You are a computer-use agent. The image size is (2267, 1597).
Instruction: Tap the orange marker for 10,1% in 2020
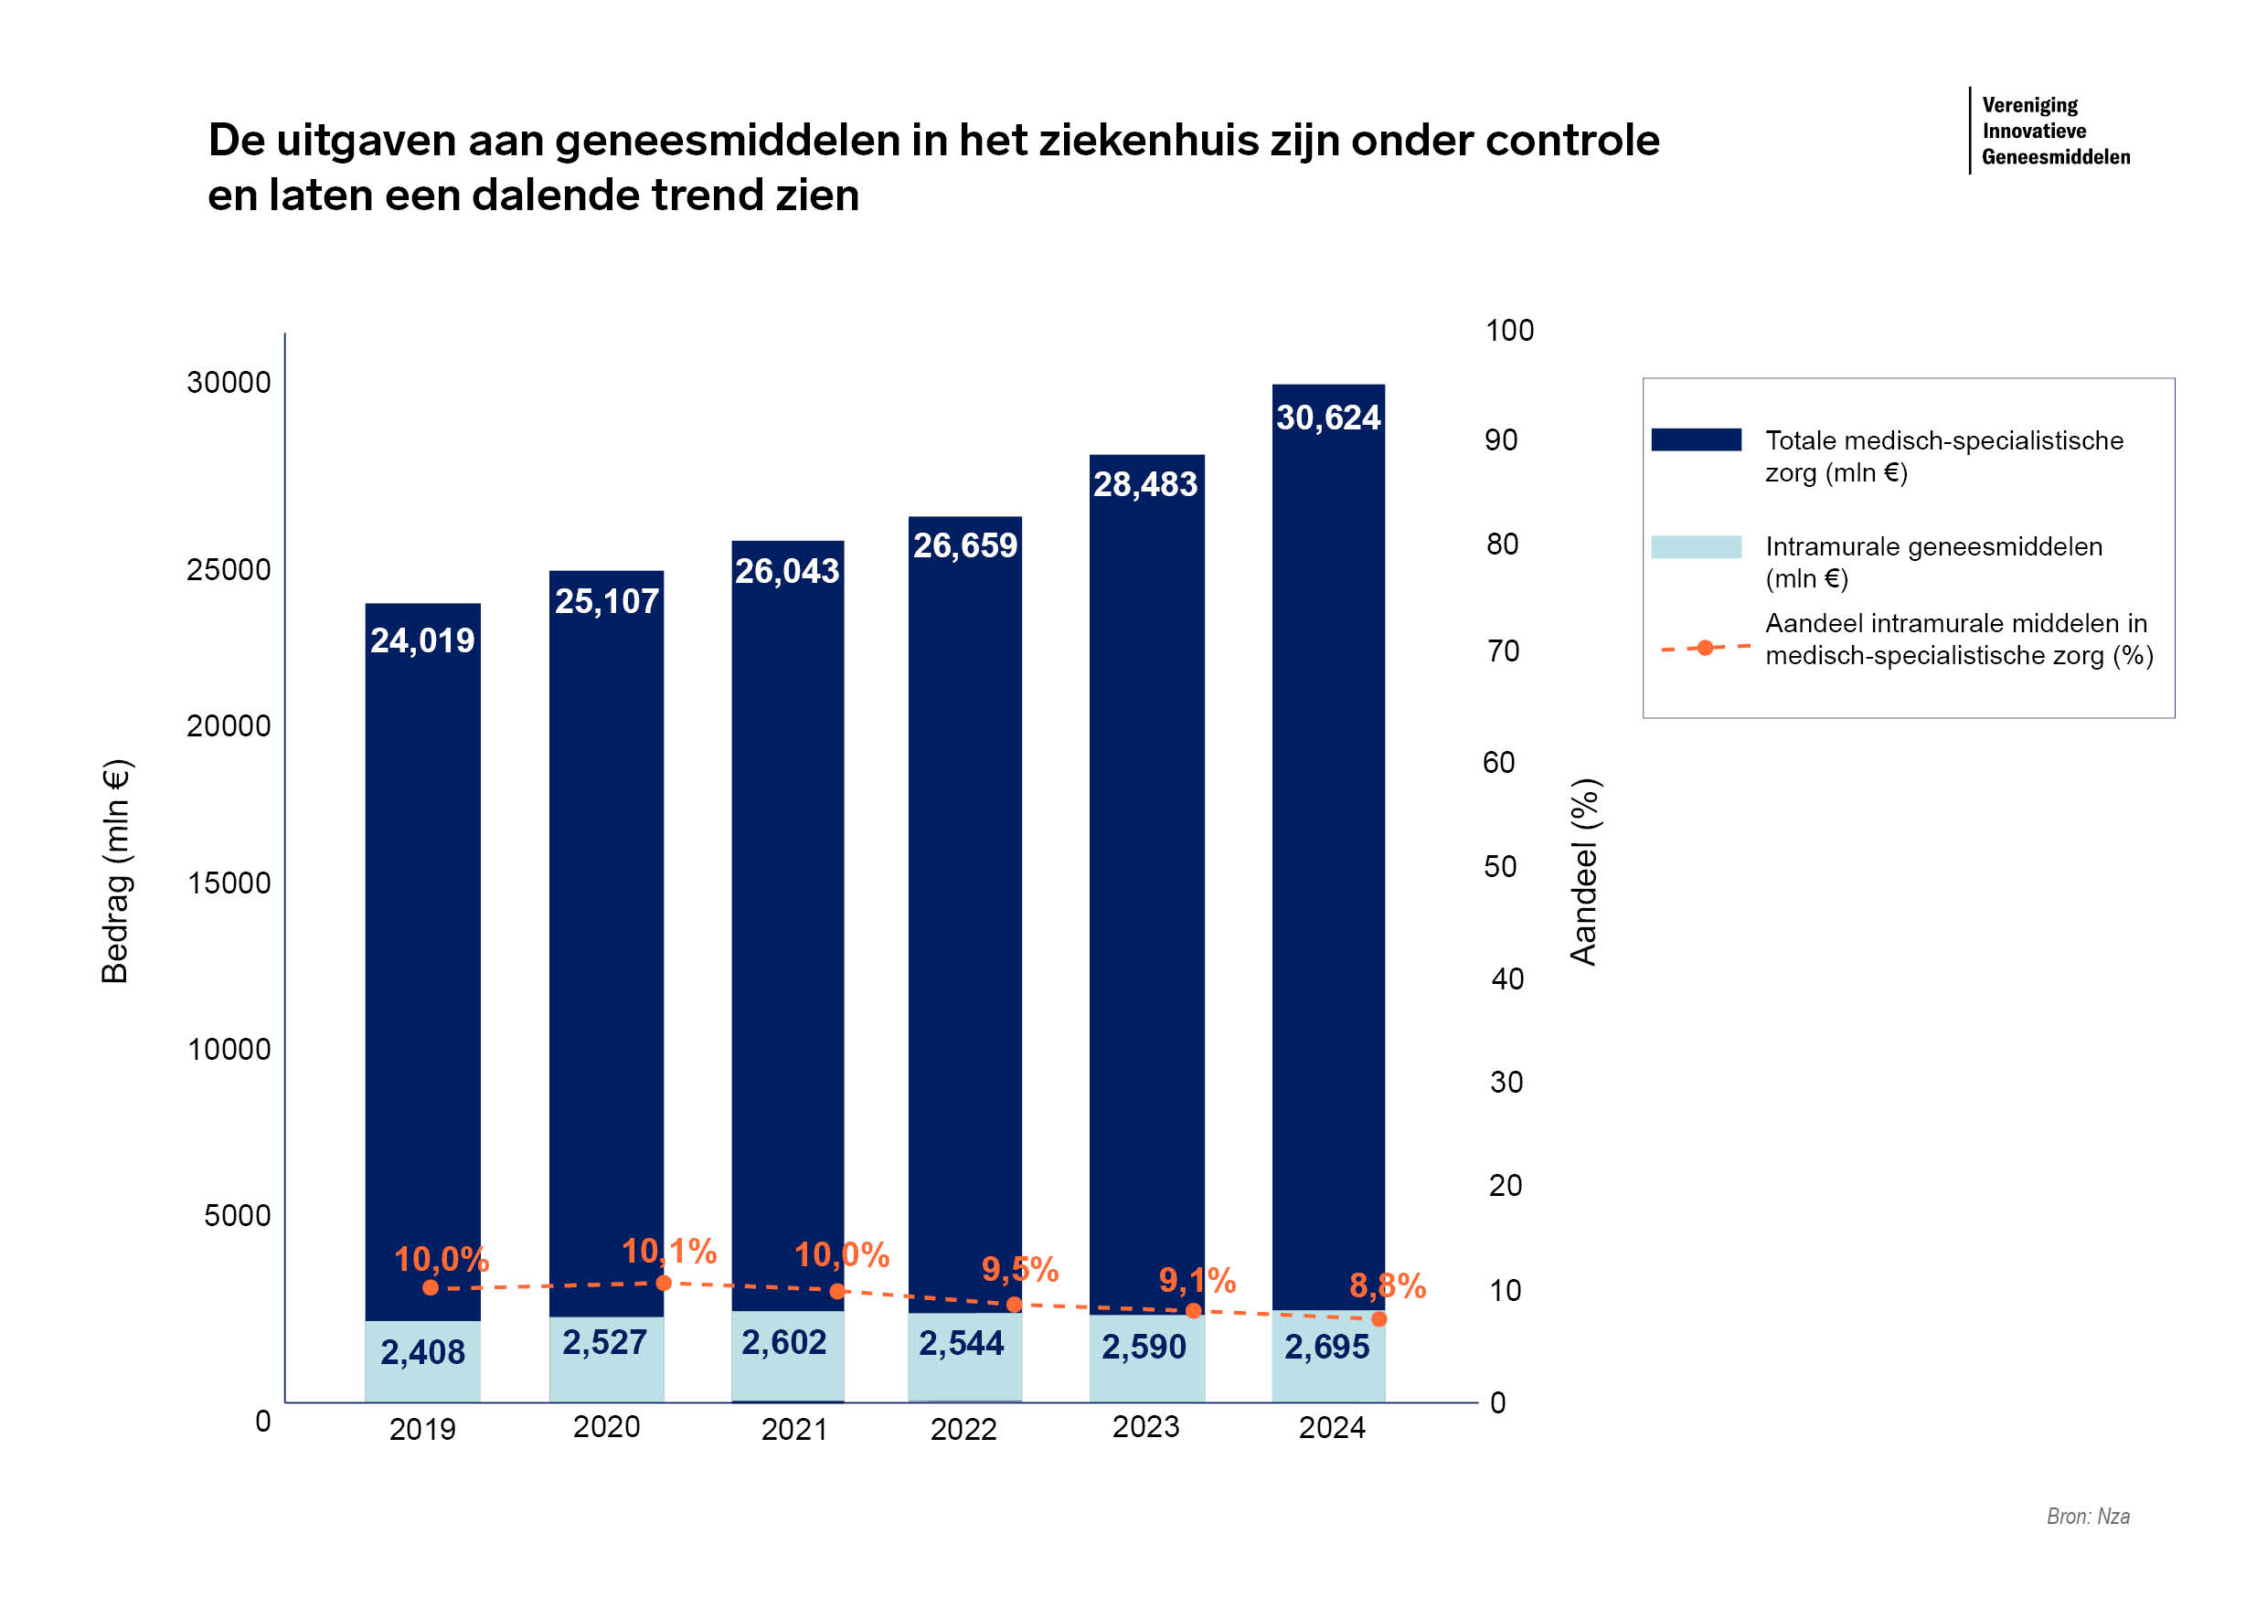point(664,1283)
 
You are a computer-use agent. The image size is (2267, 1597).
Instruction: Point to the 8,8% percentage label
point(1387,1286)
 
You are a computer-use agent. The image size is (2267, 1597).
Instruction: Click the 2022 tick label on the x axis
point(963,1429)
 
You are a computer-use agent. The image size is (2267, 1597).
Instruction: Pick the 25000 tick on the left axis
point(229,570)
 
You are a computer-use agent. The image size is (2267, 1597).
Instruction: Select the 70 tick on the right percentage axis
point(1503,651)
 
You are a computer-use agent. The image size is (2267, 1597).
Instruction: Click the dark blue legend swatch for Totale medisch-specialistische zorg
point(1696,440)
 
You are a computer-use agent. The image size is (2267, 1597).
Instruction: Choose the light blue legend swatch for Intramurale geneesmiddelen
point(1696,547)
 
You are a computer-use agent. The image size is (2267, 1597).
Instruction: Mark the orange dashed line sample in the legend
point(1705,649)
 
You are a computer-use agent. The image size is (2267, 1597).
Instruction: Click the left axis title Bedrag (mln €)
point(115,872)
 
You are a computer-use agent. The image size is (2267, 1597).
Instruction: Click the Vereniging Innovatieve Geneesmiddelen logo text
point(2055,132)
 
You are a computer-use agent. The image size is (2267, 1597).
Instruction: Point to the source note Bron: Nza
point(2087,1516)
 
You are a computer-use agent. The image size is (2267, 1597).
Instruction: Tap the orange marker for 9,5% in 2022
point(1014,1305)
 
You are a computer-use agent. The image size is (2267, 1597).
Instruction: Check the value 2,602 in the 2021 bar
point(783,1342)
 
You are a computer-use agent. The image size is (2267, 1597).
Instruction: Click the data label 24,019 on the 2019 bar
point(422,641)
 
